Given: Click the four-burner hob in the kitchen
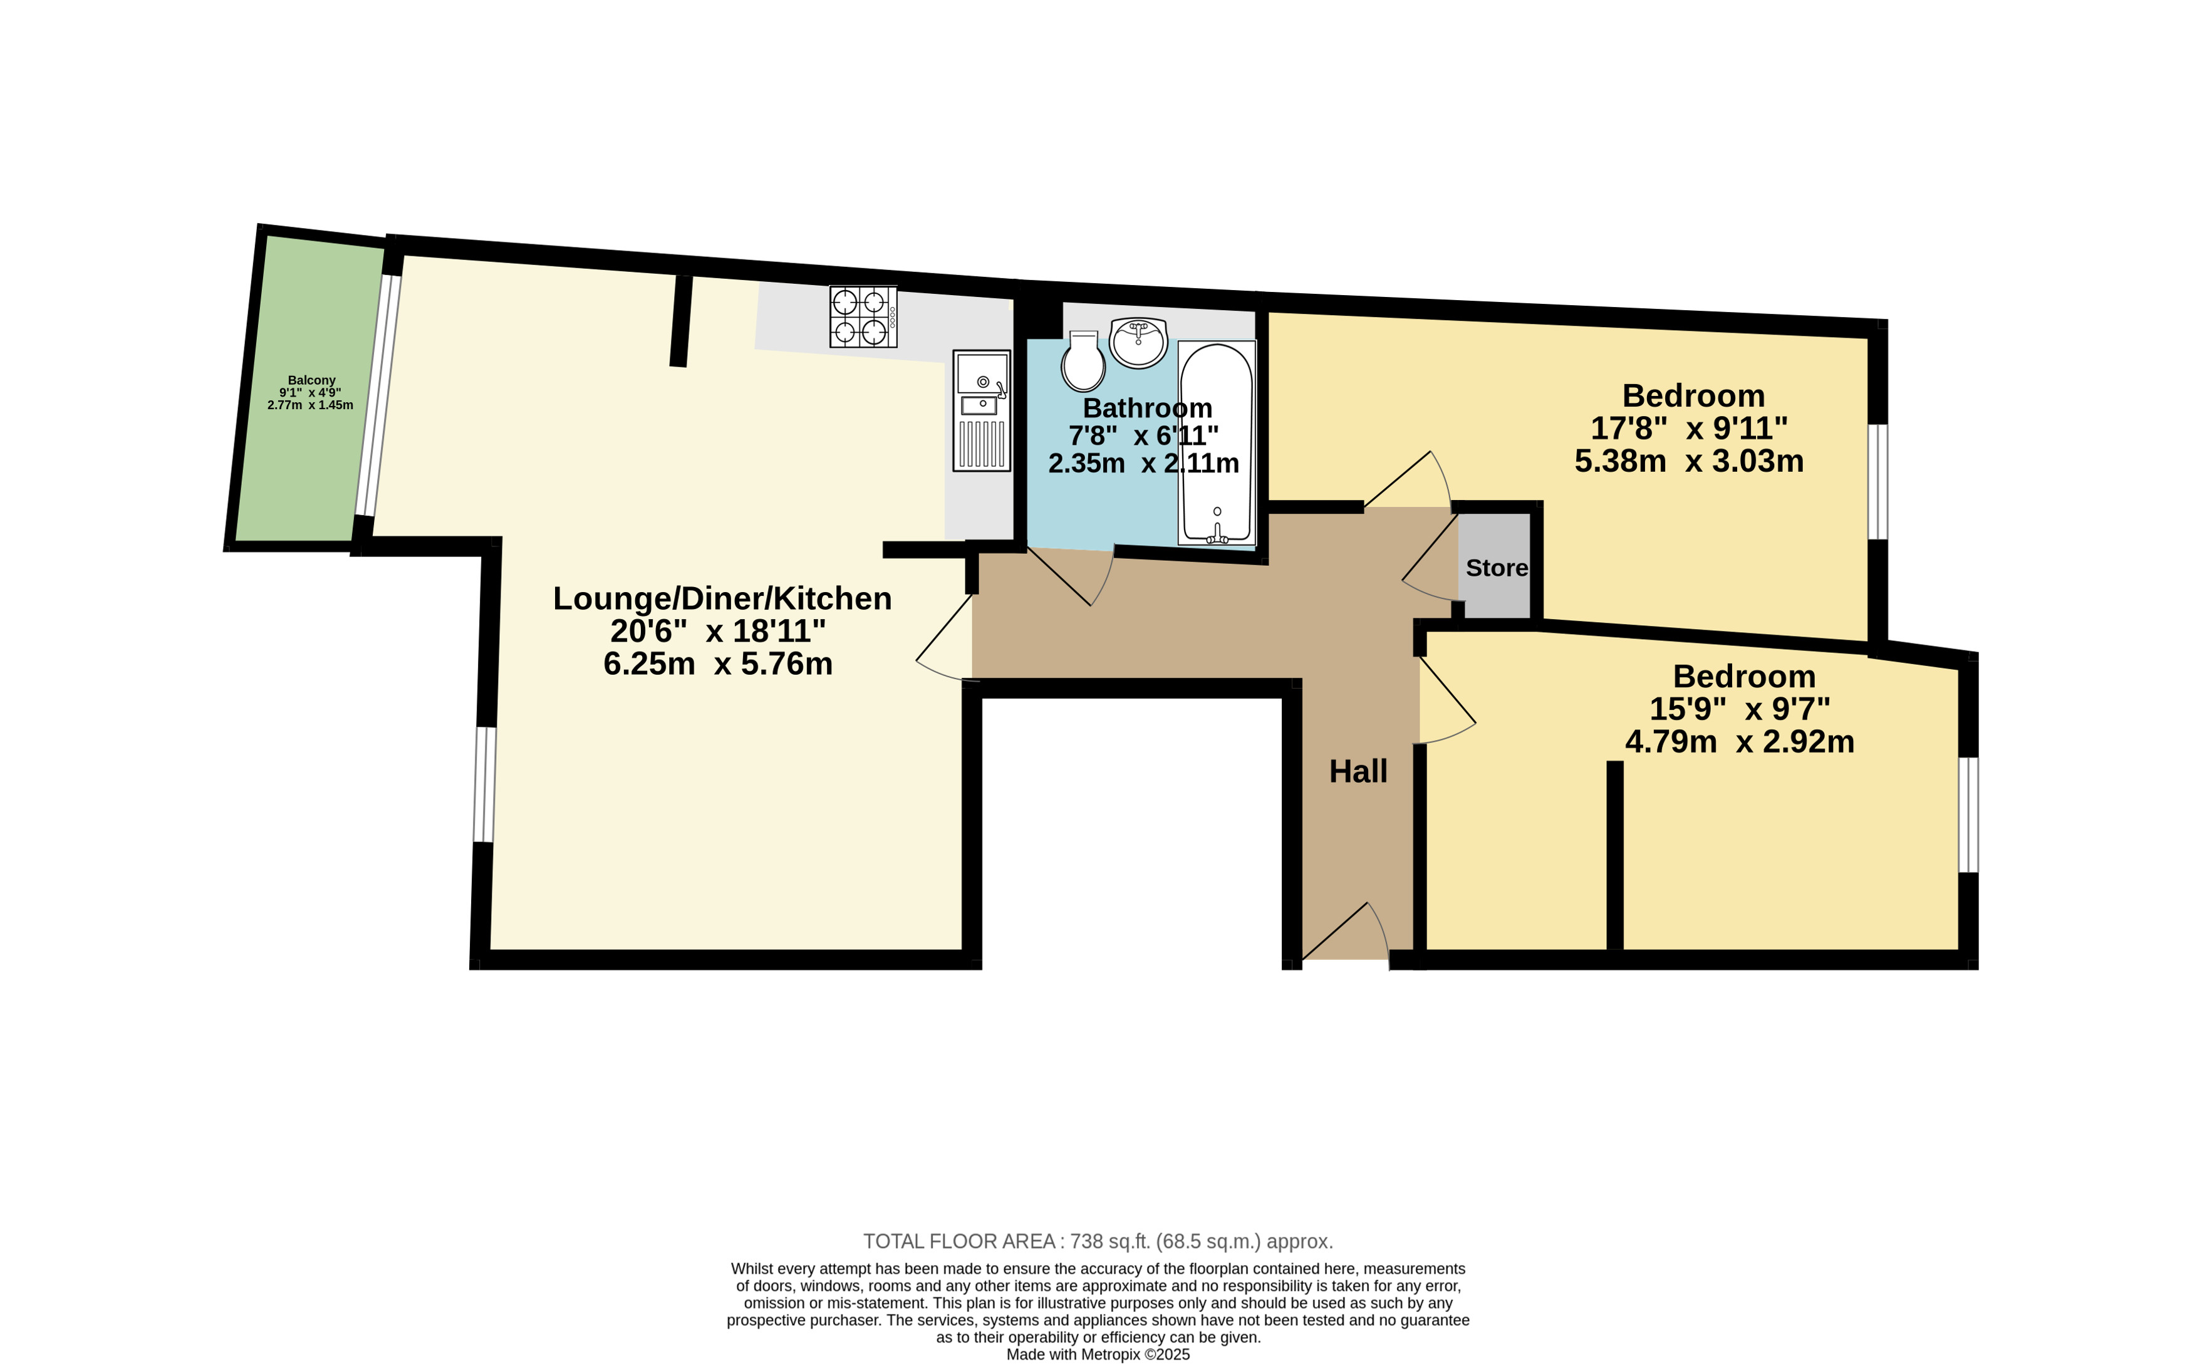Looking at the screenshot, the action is click(863, 316).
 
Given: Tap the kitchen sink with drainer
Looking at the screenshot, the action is click(981, 410).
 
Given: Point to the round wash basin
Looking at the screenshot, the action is click(1138, 343).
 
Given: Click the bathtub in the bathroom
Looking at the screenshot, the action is click(1217, 443).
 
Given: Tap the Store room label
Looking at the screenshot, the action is click(1496, 568).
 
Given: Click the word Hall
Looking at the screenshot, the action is click(1358, 771).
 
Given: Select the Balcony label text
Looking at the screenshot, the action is click(311, 381).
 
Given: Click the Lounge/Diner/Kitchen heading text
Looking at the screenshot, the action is click(722, 598).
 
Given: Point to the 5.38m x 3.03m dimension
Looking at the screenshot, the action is click(1688, 461).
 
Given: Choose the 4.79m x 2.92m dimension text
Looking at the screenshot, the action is click(1740, 742).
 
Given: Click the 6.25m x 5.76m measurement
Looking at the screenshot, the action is click(718, 664).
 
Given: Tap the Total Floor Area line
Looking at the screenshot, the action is click(1098, 1241).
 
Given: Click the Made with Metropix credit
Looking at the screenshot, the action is click(1098, 1354).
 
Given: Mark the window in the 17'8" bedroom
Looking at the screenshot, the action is click(1878, 482).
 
